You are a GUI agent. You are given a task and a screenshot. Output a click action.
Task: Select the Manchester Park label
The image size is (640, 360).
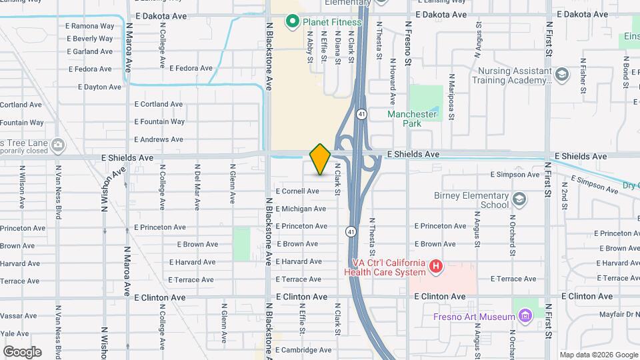413,119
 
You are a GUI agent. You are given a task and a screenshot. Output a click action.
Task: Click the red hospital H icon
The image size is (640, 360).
436,267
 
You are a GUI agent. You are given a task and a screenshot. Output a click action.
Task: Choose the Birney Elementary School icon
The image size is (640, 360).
519,199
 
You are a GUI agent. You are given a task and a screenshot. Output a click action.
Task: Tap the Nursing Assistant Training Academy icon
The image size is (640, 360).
561,74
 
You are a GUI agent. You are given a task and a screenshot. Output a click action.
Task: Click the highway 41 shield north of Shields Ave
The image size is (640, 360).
361,114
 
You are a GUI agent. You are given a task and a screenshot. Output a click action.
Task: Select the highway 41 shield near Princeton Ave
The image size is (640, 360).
351,231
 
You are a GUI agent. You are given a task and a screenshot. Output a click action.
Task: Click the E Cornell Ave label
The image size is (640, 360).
297,191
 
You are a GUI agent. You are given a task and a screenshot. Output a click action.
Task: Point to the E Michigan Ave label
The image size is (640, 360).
301,209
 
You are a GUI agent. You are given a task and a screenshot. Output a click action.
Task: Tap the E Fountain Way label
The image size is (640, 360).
159,122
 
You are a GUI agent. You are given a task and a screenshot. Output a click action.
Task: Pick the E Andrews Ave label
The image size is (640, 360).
158,139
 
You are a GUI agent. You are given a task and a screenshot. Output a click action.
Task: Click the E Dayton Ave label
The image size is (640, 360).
99,87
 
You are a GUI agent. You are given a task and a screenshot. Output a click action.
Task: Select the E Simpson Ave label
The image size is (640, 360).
515,175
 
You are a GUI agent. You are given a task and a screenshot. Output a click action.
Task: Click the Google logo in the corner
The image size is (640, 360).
22,351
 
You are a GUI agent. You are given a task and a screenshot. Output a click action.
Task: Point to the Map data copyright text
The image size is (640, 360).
598,355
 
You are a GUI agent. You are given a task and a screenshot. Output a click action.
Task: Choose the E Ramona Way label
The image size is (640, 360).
90,26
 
